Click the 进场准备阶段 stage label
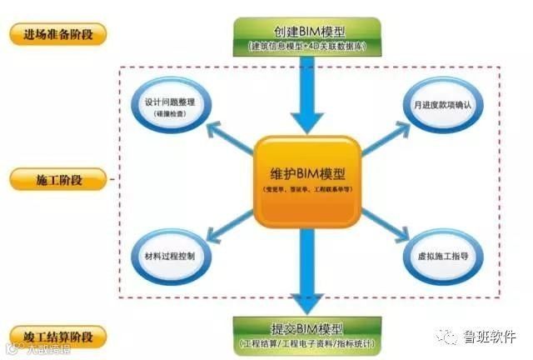tap(59, 36)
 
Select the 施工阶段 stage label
tap(58, 178)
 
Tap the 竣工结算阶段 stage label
tap(58, 337)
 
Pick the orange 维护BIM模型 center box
tap(307, 178)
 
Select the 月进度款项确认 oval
tap(442, 107)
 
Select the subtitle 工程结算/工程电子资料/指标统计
tap(306, 343)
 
